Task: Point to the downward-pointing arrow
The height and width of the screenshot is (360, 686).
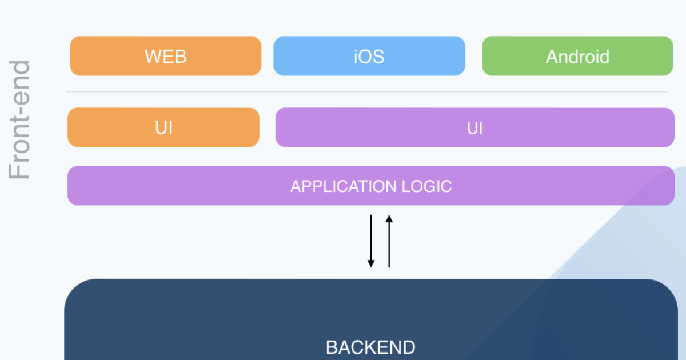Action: click(371, 240)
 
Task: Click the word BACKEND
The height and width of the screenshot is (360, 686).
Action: click(370, 347)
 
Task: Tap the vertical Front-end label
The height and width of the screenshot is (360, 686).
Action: click(20, 120)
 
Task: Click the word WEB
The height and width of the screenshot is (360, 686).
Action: click(165, 56)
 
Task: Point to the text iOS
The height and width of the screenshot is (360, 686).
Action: click(369, 56)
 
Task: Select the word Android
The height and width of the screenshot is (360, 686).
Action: click(577, 57)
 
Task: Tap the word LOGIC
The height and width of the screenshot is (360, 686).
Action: click(426, 186)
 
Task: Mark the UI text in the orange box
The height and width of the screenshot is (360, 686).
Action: click(163, 127)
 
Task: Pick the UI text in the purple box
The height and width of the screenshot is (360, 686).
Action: click(475, 128)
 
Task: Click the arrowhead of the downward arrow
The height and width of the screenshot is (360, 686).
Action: click(371, 263)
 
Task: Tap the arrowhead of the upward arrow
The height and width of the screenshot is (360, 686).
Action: click(389, 218)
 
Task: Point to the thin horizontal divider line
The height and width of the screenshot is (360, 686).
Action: click(366, 91)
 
